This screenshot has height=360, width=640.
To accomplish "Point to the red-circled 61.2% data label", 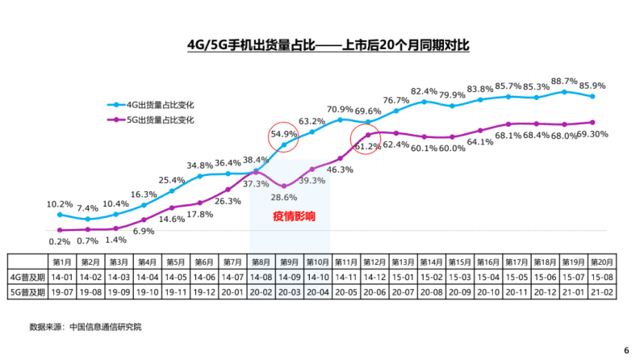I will click(367, 146).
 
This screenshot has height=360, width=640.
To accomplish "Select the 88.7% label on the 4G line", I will click(564, 82).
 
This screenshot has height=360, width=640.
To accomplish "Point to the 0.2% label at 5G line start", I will click(61, 241).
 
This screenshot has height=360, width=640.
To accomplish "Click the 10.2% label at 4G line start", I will click(61, 204).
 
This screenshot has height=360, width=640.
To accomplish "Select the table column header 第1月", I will click(61, 262).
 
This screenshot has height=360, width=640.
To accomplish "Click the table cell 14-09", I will click(289, 277).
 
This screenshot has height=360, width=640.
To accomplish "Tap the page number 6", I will click(625, 350).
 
